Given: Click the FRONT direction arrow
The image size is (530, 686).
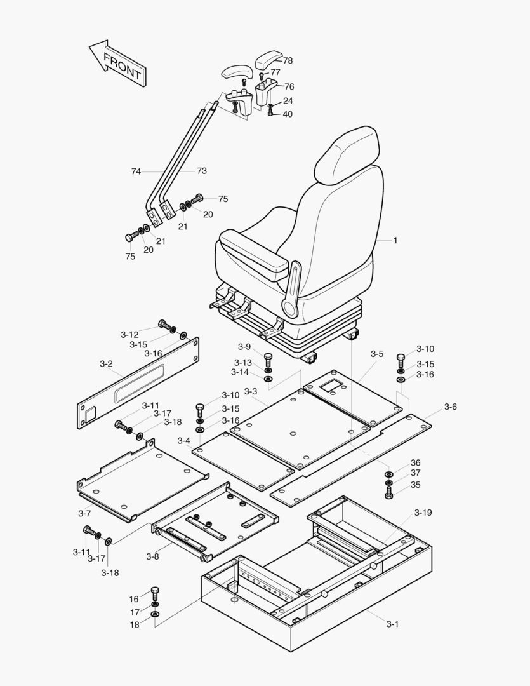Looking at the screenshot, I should [x=119, y=64].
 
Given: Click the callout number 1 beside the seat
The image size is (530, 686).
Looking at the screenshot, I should [x=395, y=241].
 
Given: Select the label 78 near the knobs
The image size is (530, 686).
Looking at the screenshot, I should [x=288, y=61].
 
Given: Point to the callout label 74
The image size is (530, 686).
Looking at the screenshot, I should [x=136, y=171].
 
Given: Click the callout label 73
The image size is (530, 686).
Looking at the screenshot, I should [x=202, y=171].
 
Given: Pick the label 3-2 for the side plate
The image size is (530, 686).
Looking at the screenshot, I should [x=106, y=364].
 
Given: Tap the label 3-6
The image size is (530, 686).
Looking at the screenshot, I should [x=450, y=407].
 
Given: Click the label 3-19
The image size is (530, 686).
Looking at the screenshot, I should [x=423, y=513].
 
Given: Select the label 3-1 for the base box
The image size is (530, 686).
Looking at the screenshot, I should [x=392, y=624].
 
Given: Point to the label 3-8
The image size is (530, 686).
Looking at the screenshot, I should [x=152, y=557].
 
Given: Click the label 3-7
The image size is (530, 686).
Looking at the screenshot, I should [x=84, y=513].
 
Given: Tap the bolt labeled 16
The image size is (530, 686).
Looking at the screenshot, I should [x=155, y=593].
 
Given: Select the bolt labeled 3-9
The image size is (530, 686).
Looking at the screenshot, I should [x=268, y=358].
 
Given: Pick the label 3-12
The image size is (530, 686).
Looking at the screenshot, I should [x=129, y=335].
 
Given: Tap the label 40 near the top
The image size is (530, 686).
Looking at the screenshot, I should [x=288, y=114].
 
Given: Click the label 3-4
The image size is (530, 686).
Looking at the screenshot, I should [x=184, y=441].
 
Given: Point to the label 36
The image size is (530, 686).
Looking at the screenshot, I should [x=415, y=463].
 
